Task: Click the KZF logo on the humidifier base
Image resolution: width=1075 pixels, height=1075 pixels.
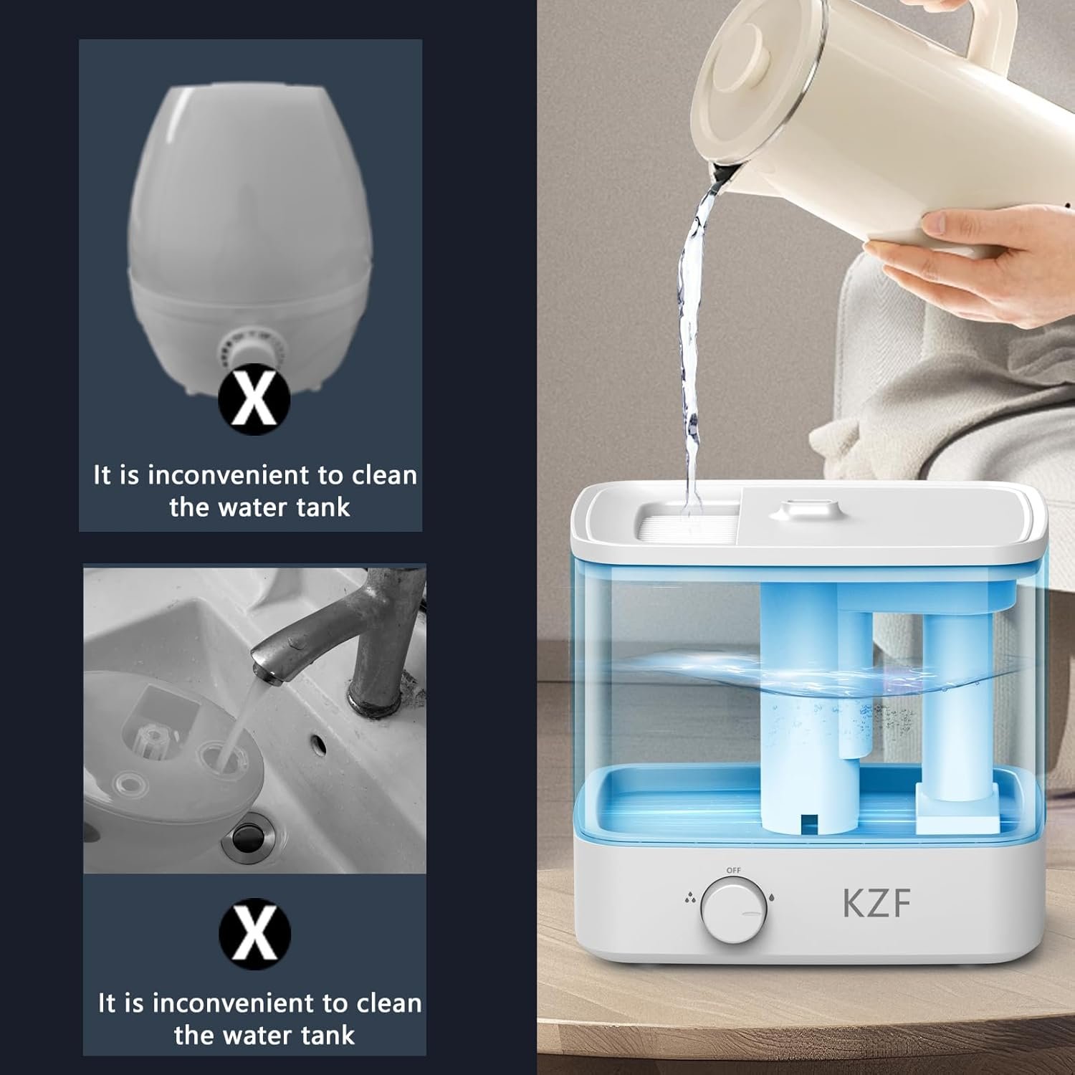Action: (x=876, y=902)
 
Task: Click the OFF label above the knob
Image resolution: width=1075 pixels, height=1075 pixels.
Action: (x=733, y=870)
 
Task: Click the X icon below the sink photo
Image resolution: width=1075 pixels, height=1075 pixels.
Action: (x=254, y=934)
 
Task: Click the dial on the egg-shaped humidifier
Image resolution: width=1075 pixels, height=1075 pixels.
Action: (x=251, y=350)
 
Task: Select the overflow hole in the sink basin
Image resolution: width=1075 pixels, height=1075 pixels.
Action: (x=316, y=742)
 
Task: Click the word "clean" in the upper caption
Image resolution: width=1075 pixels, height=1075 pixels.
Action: (x=384, y=475)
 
